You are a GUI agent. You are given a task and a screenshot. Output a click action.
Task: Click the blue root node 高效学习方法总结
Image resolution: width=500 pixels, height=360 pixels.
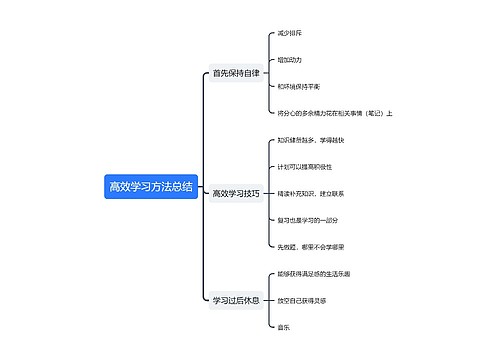tap(150, 187)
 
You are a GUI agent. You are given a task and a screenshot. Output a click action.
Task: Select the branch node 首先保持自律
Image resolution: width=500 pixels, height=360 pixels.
tap(235, 73)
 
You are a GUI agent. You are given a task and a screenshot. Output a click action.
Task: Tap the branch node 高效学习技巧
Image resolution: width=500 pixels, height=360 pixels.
tap(236, 193)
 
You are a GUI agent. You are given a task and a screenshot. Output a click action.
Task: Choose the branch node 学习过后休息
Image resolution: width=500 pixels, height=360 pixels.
tap(235, 299)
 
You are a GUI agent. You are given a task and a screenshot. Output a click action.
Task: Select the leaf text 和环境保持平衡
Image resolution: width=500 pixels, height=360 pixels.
tap(298, 86)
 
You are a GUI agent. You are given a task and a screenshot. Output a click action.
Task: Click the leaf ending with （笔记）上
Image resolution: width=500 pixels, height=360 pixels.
tap(334, 113)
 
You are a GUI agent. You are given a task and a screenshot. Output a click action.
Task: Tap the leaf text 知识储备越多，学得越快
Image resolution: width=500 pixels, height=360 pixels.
tap(309, 140)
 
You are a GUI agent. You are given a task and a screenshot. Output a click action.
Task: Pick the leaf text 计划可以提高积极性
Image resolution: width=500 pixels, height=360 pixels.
tap(305, 166)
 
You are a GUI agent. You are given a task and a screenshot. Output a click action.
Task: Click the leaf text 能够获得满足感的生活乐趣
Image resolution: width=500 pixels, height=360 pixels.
tap(314, 273)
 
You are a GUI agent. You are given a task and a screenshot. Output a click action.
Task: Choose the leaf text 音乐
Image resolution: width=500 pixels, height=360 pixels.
tap(284, 326)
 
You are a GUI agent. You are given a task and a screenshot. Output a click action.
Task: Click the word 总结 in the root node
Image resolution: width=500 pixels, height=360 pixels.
tap(181, 187)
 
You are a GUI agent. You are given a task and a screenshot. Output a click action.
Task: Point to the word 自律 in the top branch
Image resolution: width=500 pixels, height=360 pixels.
tap(250, 73)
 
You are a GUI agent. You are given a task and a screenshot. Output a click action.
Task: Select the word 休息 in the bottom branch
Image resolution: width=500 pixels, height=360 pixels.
tap(250, 299)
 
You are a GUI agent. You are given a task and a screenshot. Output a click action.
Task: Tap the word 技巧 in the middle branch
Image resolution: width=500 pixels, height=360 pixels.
tap(251, 193)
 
